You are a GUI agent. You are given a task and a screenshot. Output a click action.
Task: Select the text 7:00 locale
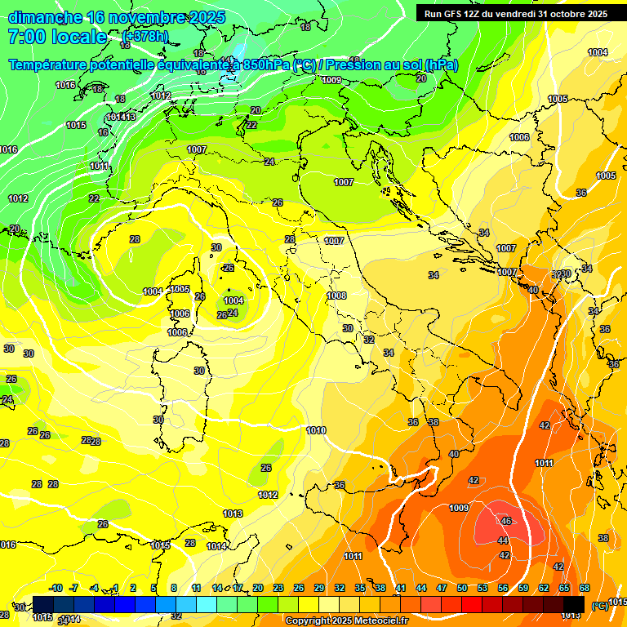coord(56,37)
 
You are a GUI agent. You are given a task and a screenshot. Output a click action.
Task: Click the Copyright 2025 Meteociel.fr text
coord(347,620)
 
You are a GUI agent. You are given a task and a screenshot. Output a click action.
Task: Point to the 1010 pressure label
coord(316,430)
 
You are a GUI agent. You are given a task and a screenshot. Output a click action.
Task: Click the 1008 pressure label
coord(336,296)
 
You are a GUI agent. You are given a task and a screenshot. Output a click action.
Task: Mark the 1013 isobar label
coord(233,514)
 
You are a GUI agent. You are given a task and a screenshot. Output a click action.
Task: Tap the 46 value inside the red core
coord(506,521)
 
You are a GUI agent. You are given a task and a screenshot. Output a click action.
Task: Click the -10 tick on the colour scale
coord(56,588)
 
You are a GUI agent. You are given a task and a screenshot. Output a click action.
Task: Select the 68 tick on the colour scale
coord(585,588)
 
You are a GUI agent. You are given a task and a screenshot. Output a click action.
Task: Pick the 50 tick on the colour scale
coord(461,588)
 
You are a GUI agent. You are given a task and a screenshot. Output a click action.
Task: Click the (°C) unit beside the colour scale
coord(600,606)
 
